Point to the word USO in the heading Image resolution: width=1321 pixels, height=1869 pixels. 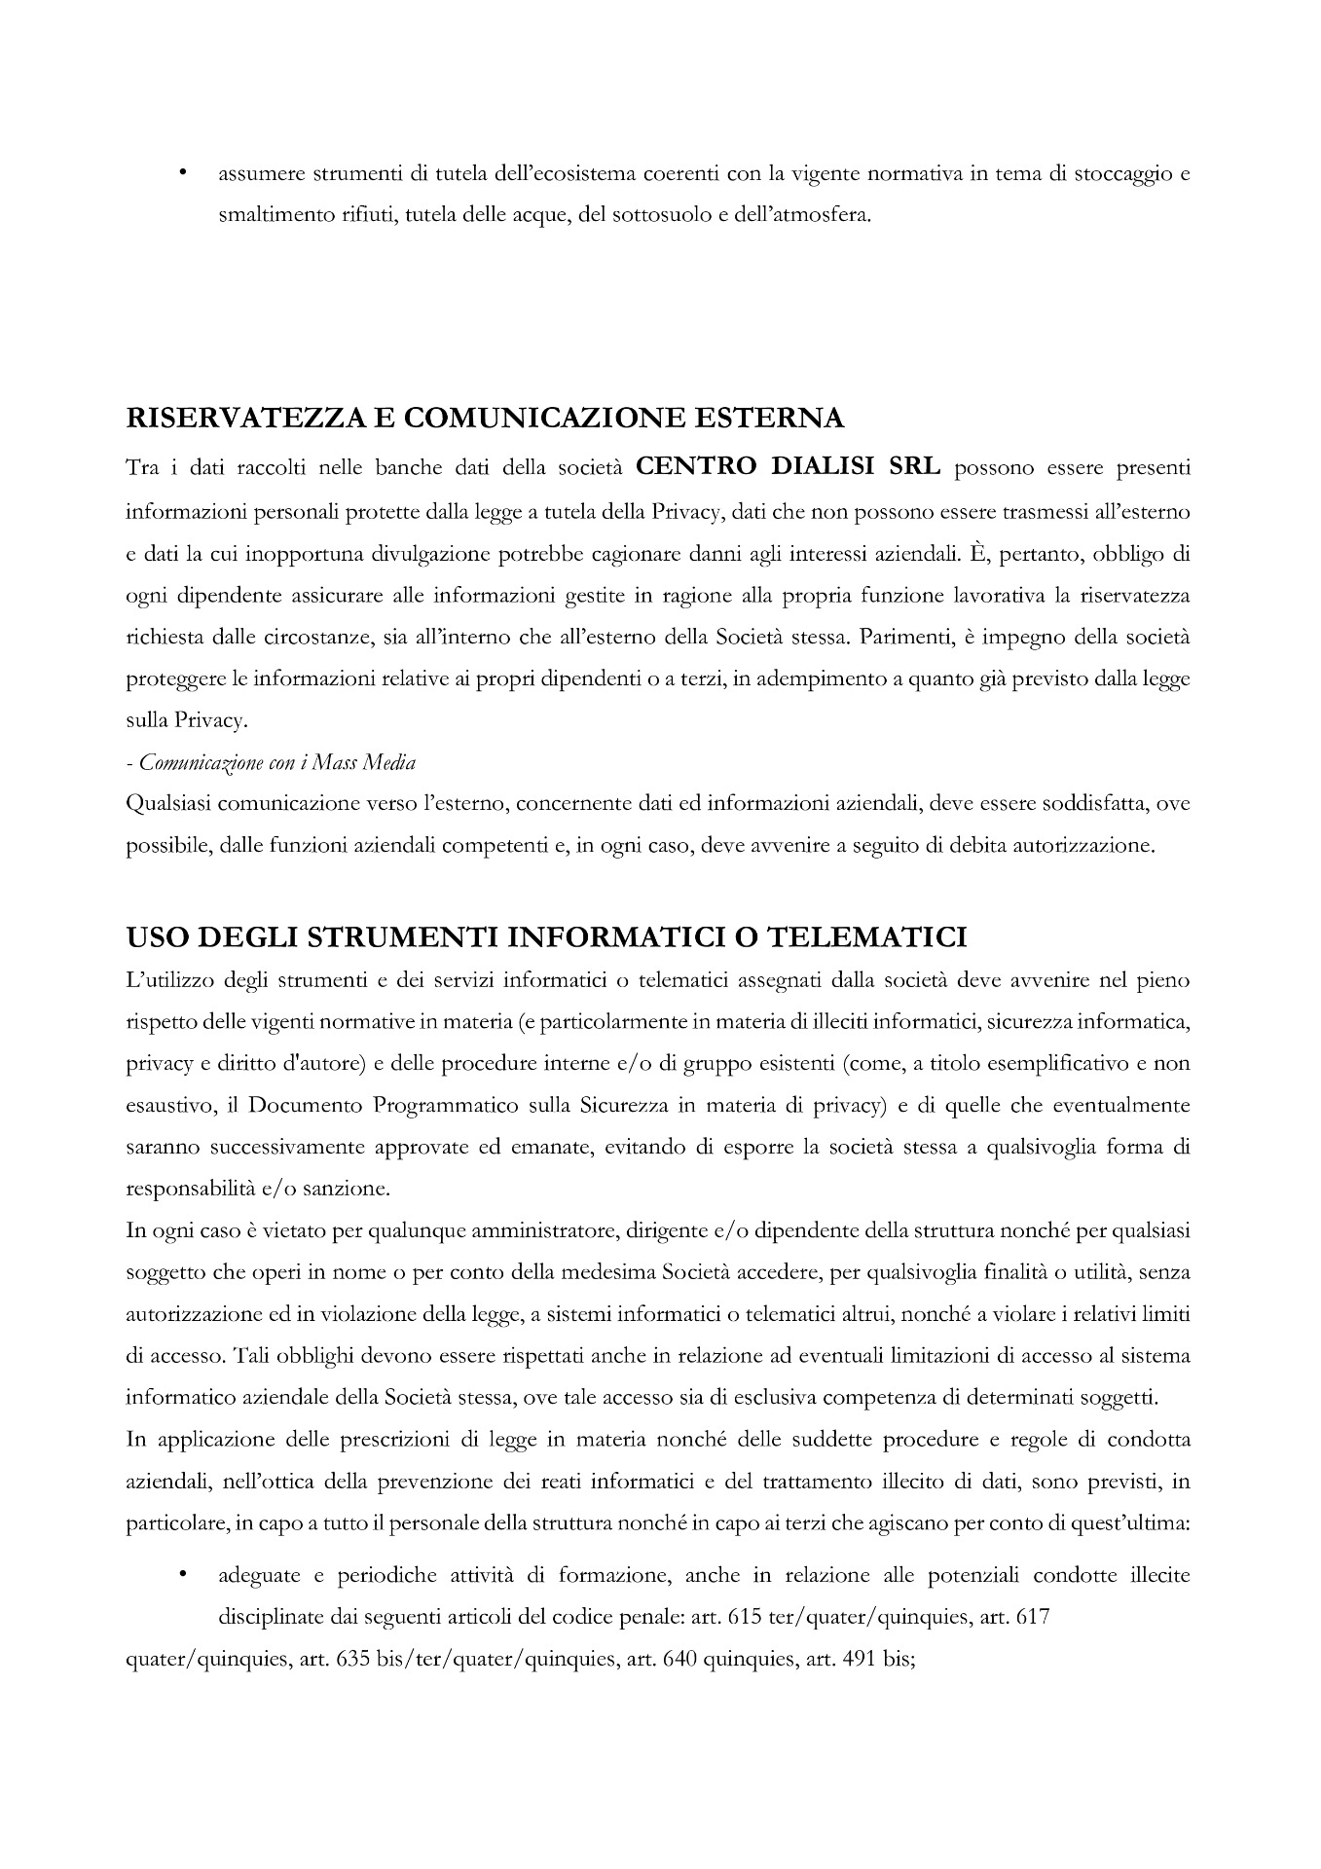pyautogui.click(x=157, y=937)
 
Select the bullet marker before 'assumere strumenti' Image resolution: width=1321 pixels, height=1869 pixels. pyautogui.click(x=182, y=175)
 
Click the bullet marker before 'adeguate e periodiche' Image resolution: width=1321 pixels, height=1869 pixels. pyautogui.click(x=182, y=1575)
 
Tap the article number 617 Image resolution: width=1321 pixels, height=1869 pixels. pyautogui.click(x=1032, y=1618)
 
